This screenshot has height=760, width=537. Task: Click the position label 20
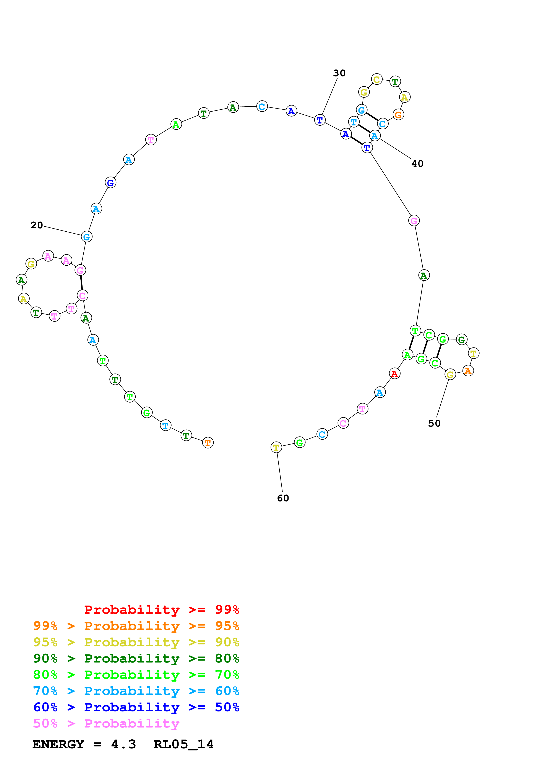click(x=37, y=225)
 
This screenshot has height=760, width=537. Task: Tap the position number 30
click(x=339, y=73)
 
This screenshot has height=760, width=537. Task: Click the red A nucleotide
click(x=394, y=374)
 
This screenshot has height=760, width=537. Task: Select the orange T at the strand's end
click(x=208, y=443)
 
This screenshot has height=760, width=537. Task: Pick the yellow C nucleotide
click(x=376, y=80)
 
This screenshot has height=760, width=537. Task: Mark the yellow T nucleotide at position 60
click(x=276, y=448)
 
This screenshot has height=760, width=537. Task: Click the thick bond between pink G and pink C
click(x=81, y=283)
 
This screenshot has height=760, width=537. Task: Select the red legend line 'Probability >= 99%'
click(x=161, y=610)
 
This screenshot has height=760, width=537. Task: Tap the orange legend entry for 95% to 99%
click(x=136, y=626)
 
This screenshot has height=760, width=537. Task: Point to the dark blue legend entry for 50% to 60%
click(x=136, y=707)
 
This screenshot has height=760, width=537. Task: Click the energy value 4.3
click(x=123, y=744)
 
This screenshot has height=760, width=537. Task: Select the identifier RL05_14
click(x=184, y=744)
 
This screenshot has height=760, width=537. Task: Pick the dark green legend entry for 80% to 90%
click(x=136, y=658)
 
